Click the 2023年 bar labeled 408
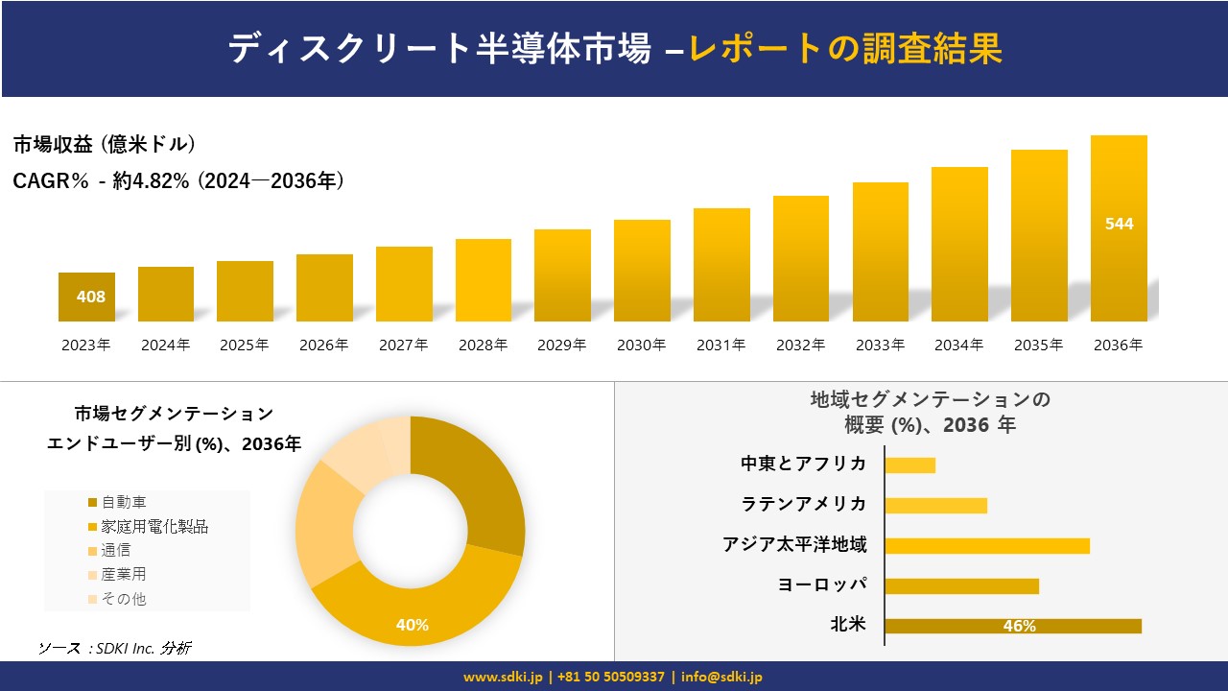pos(86,297)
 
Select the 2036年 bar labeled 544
pos(1119,227)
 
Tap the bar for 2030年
pos(642,271)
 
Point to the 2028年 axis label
pos(483,345)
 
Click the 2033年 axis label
pos(880,345)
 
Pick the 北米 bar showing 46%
pos(1012,626)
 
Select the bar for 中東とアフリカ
pos(909,465)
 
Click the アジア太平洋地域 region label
pos(794,545)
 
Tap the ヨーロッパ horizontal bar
pos(961,585)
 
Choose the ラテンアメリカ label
pos(803,505)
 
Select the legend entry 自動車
pos(123,502)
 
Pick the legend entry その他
pos(123,599)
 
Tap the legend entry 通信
pos(115,550)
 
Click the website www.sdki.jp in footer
pos(503,677)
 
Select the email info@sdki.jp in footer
pos(721,677)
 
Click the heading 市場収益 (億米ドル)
pos(104,145)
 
